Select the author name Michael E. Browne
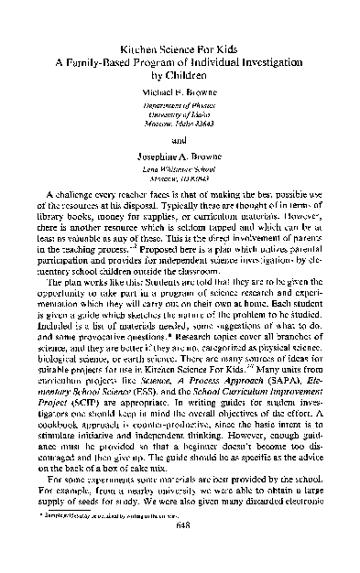[180, 92]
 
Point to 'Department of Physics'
[180, 107]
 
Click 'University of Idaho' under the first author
[180, 116]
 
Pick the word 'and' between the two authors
[180, 141]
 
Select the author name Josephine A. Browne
[180, 158]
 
